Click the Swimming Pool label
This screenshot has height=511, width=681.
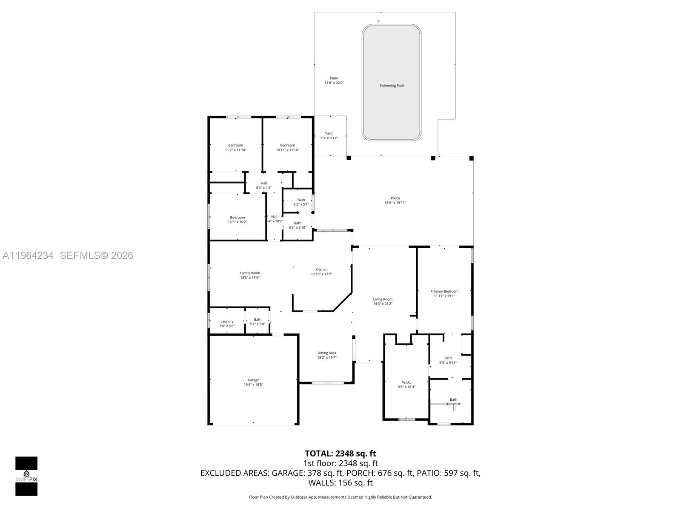[391, 86]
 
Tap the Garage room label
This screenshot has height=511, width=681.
[253, 380]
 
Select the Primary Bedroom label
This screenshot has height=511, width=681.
[444, 291]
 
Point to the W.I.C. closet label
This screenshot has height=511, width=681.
[406, 382]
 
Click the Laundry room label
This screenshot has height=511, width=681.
[227, 322]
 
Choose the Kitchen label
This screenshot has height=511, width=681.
[321, 269]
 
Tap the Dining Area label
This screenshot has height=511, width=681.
[326, 353]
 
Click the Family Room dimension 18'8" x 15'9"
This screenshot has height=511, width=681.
[249, 278]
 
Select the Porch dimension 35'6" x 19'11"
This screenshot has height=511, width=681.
[395, 203]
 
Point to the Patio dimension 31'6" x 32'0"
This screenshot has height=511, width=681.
[334, 83]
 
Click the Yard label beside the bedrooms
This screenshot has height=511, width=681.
[329, 133]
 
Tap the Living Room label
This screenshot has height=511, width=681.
[383, 299]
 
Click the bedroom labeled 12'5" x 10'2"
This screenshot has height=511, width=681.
[237, 220]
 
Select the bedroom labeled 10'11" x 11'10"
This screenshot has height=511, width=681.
[287, 147]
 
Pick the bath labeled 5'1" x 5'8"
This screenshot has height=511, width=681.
[258, 322]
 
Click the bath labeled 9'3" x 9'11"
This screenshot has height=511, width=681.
[448, 360]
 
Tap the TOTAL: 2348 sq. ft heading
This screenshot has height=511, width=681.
[340, 454]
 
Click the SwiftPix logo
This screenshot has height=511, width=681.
[26, 476]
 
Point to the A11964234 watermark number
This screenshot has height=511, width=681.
[28, 255]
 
